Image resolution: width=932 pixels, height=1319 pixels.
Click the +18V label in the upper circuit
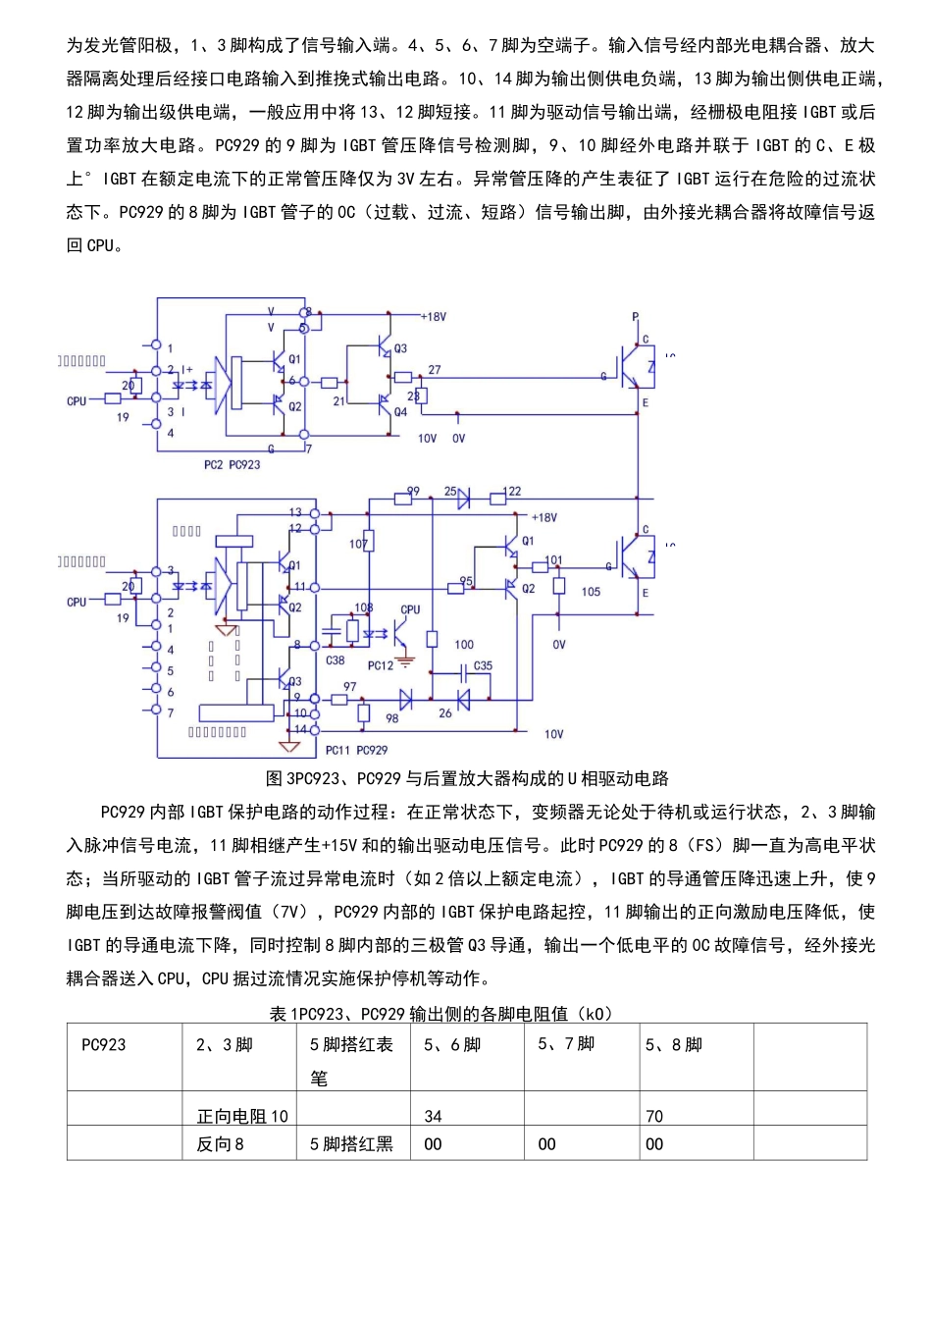(x=434, y=317)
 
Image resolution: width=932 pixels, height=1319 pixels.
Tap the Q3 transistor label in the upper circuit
(x=400, y=348)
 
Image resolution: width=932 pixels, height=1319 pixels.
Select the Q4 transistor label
(x=400, y=412)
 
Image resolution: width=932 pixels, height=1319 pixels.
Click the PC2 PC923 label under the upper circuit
(x=233, y=464)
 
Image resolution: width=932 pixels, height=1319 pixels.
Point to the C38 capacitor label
(x=336, y=660)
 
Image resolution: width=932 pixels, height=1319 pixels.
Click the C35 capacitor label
(x=483, y=665)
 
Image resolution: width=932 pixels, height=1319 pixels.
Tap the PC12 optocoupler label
(x=381, y=665)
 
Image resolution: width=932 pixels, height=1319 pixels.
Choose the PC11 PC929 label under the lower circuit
(x=357, y=750)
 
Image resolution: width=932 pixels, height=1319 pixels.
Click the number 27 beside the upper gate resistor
(x=435, y=370)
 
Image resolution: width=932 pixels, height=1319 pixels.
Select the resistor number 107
(x=359, y=544)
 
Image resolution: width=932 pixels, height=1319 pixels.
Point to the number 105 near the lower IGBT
(x=591, y=592)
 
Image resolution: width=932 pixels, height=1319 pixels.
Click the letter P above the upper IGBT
(x=635, y=317)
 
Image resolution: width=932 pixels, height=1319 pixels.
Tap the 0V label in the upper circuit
(x=458, y=439)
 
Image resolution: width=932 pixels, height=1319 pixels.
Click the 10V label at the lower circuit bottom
(x=554, y=734)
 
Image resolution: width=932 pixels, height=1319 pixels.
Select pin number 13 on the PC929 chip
(x=295, y=512)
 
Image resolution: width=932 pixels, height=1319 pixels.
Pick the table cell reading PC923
(x=104, y=1044)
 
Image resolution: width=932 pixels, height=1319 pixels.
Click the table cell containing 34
(x=434, y=1116)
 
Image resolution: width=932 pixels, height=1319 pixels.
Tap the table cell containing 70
(x=654, y=1116)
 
